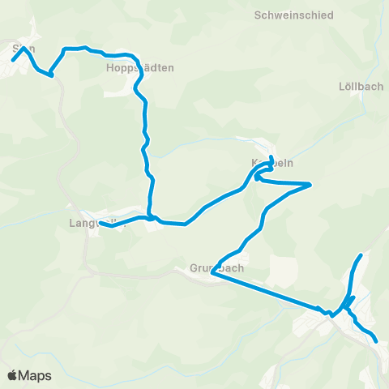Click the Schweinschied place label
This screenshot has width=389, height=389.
tap(289, 15)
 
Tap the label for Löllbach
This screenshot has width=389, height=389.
tap(361, 86)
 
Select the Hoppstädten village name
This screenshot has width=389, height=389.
tap(139, 69)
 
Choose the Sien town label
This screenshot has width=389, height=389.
tap(24, 49)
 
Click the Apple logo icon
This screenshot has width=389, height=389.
tap(13, 375)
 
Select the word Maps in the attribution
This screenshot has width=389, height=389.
tap(35, 375)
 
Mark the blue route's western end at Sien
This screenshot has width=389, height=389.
tap(13, 59)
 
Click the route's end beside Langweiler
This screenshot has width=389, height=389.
tap(100, 222)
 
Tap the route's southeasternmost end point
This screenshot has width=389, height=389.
tap(377, 342)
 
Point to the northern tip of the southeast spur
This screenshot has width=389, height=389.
tap(361, 254)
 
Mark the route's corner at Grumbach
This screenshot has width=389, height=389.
tap(212, 273)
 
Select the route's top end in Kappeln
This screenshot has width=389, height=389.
tap(271, 156)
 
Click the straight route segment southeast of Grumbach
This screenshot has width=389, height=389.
tap(267, 291)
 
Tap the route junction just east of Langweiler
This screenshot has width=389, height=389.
tap(150, 217)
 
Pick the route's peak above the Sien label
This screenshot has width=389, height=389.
tap(25, 47)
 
